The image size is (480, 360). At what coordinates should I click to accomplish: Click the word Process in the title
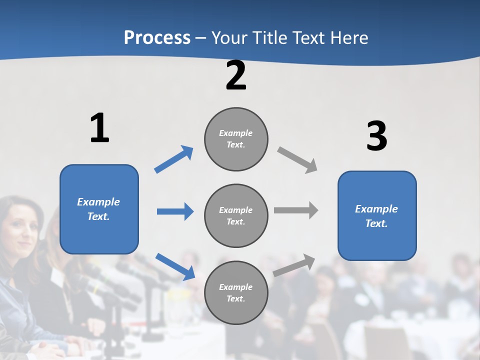click(x=157, y=38)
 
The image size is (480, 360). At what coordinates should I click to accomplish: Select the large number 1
click(x=99, y=128)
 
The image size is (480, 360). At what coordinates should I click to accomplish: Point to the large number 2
click(x=236, y=76)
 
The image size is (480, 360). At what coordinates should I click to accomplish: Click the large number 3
click(x=376, y=136)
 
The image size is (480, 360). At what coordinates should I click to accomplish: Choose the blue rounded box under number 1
click(x=99, y=209)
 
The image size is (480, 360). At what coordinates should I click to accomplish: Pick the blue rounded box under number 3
click(x=377, y=216)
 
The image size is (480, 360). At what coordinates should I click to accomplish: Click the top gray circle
click(x=236, y=139)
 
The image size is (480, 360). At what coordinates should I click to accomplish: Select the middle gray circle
click(x=236, y=216)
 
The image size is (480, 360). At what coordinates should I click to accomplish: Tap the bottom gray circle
click(x=236, y=293)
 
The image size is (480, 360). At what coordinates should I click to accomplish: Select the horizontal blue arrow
click(x=175, y=211)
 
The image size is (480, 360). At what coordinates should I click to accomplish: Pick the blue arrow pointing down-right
click(x=175, y=266)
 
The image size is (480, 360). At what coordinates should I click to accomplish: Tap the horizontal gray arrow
click(x=296, y=210)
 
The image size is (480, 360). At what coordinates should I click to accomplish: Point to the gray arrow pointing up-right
click(x=294, y=265)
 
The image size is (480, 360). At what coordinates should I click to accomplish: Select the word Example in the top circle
click(x=235, y=133)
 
